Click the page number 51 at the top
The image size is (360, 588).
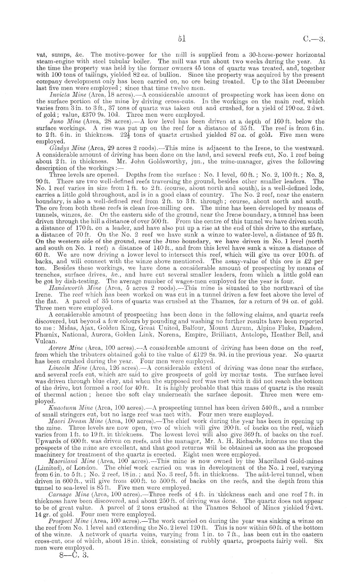coord(181,39)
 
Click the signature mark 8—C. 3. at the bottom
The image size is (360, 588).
coord(71,556)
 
